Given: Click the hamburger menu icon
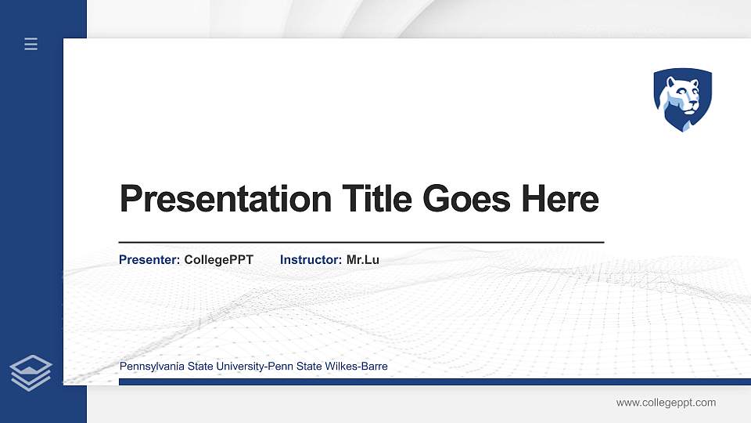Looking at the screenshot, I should coord(31,44).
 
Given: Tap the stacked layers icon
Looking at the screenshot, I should coord(31,372).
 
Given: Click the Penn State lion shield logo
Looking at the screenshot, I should coord(683,99).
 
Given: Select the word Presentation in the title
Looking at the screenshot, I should coord(225,199).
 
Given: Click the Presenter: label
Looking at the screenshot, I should coord(149,259).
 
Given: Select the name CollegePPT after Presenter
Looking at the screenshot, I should coord(219,259).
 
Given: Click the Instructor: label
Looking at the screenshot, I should coord(311,259).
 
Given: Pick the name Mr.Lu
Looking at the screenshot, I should coord(363,259).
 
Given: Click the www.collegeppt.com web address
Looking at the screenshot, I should coord(666,403).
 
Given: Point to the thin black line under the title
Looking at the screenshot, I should coord(361,243).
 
